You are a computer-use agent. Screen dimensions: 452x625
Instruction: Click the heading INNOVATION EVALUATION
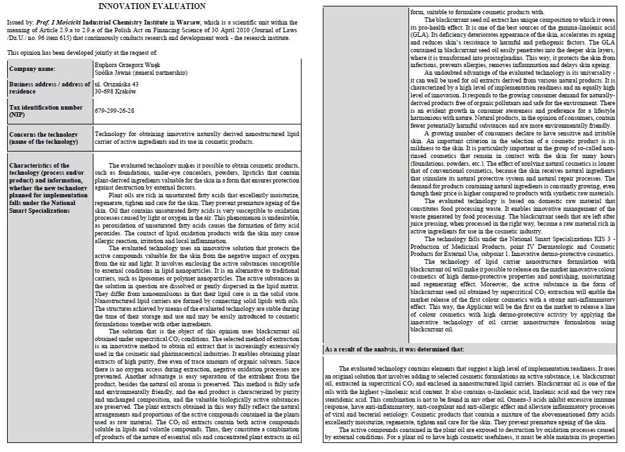(153, 6)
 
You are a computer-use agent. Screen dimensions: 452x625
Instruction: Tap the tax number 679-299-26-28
(114, 110)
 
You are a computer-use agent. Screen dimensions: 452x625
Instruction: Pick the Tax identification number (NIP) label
(46, 110)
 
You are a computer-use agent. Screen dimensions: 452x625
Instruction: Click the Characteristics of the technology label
(46, 182)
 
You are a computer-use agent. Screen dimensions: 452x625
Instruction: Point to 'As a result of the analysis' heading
(394, 349)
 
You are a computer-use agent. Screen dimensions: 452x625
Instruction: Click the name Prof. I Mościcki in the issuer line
(54, 21)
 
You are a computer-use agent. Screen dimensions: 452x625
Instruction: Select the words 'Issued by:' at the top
(19, 21)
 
